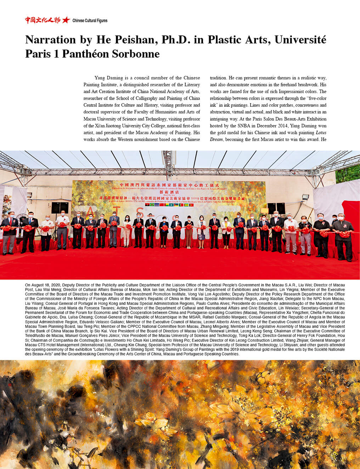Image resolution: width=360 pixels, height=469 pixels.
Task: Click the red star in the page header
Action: (66, 20)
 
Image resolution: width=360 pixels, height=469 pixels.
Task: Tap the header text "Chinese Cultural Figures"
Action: (90, 21)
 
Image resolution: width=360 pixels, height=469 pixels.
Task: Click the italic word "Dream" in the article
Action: (216, 139)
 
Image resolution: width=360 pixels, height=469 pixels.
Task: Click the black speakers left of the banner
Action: (60, 207)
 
